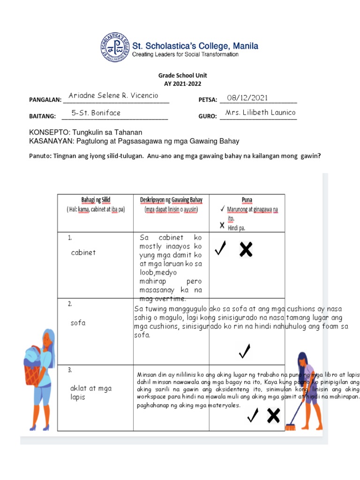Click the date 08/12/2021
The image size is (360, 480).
click(x=247, y=97)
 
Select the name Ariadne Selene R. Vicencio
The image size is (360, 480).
click(x=113, y=96)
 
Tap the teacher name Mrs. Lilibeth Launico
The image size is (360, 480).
click(x=260, y=112)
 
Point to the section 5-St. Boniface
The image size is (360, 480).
click(x=96, y=113)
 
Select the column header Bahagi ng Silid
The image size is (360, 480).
click(x=96, y=200)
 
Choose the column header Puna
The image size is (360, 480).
click(x=247, y=200)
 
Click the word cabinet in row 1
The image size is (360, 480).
click(x=83, y=252)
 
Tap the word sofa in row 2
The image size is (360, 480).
click(x=78, y=322)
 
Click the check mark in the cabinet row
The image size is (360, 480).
click(x=220, y=249)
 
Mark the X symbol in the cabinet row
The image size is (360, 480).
click(x=246, y=249)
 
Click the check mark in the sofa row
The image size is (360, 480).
click(x=245, y=351)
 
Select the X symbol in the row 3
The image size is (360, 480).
click(x=273, y=415)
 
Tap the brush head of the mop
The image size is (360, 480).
click(x=291, y=427)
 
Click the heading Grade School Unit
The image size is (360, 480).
click(x=182, y=75)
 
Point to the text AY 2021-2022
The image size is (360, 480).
click(x=182, y=83)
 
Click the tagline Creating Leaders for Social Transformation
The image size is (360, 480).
click(x=185, y=54)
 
